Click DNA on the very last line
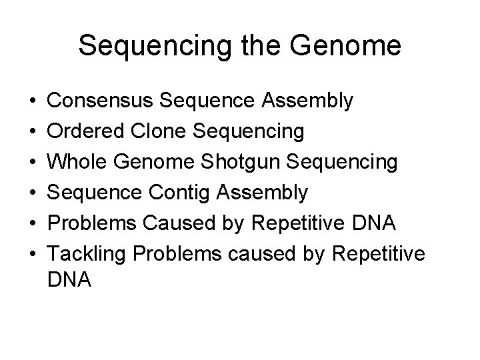coord(70,281)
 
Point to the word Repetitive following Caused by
coord(303,223)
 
